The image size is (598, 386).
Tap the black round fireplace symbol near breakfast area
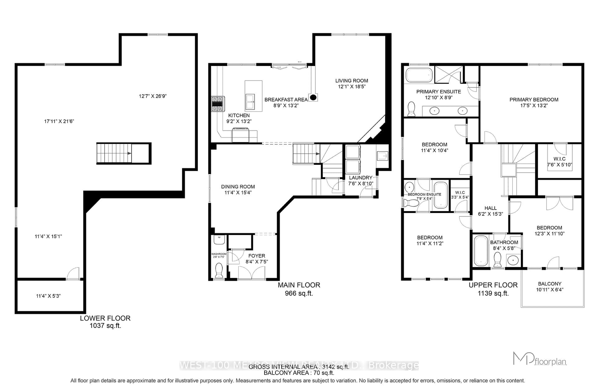[x=313, y=97]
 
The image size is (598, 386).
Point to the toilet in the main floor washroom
[x=219, y=270]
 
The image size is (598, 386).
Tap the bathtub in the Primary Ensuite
[x=419, y=75]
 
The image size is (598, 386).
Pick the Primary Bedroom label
[x=534, y=99]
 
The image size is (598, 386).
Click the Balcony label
[x=550, y=284]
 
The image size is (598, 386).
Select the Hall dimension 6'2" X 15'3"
[x=490, y=214]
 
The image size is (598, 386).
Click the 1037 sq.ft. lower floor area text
[x=105, y=326]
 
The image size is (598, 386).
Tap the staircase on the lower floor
[x=114, y=153]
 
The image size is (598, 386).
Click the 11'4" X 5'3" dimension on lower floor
[x=48, y=296]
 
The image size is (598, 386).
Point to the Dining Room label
[x=238, y=187]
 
